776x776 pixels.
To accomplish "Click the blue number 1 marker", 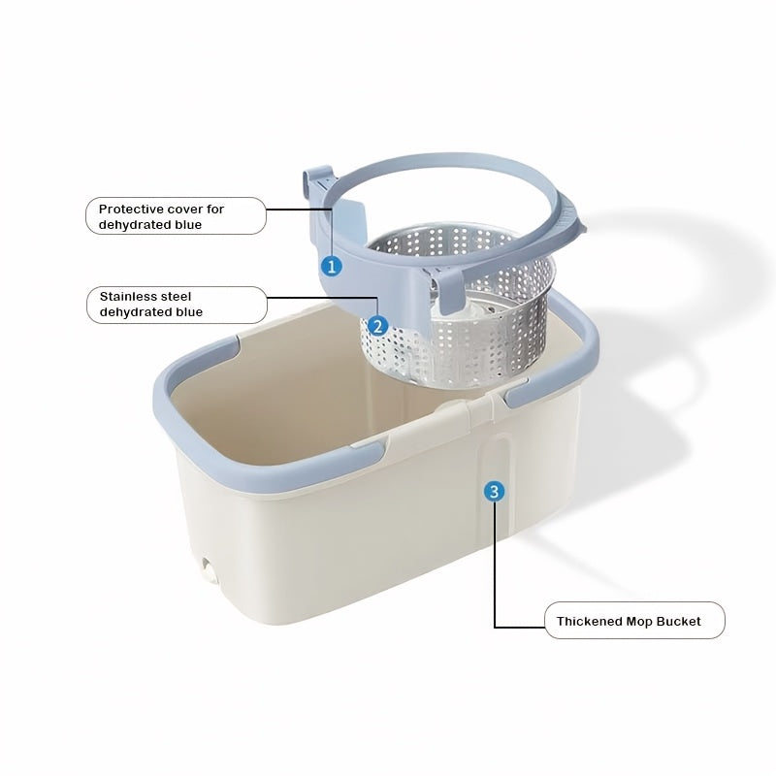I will coord(332,264).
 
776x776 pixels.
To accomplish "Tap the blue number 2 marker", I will coord(378,327).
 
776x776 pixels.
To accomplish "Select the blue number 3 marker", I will coord(495,491).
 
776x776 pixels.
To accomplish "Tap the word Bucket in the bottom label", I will coord(679,620).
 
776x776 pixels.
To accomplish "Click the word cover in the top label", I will coord(185,209).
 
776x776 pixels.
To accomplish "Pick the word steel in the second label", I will coord(180,296).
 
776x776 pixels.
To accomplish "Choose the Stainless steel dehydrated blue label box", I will coord(177,304).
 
